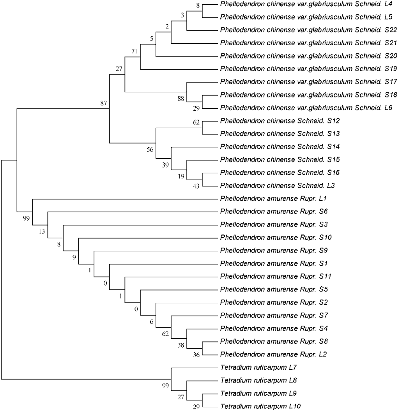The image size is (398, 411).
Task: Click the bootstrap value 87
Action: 104,103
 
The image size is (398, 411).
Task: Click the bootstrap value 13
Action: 42,231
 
